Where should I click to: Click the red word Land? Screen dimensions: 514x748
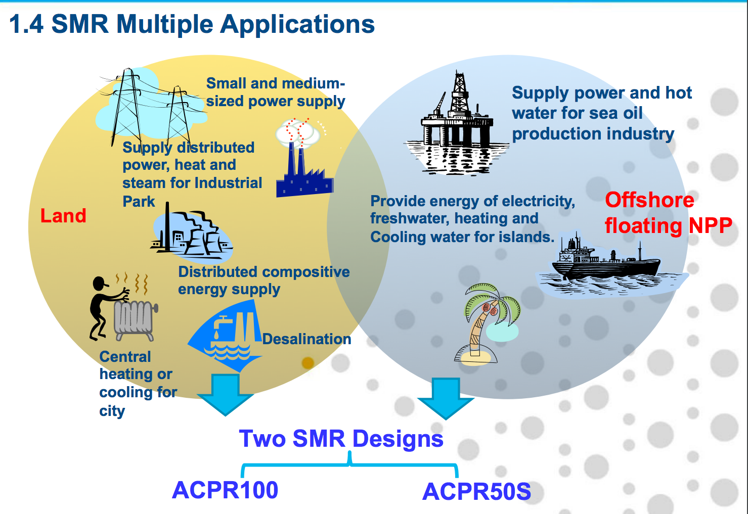(63, 216)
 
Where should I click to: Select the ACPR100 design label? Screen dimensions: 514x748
(225, 490)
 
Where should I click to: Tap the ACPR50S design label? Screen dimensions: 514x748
(476, 492)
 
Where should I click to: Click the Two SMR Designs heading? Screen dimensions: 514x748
(341, 439)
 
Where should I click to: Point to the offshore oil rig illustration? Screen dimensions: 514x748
(457, 126)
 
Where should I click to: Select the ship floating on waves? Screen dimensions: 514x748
(607, 263)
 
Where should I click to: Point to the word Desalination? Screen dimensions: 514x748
(306, 339)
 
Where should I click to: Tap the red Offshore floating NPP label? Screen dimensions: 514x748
(668, 213)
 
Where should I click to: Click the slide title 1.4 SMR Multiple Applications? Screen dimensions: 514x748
(192, 24)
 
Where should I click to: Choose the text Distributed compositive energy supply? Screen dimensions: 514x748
(263, 281)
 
